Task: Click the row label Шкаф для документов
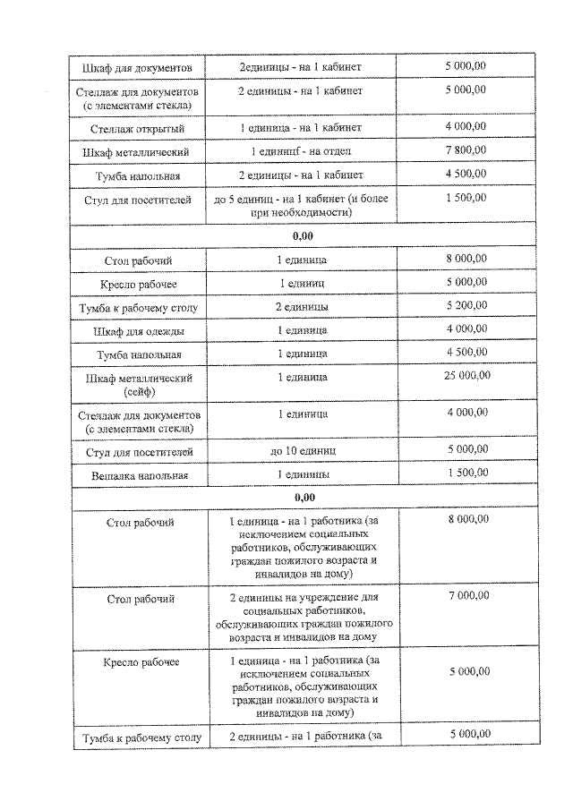tap(138, 67)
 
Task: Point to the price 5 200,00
tap(466, 306)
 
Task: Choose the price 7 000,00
tap(466, 595)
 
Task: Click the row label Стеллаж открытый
tap(138, 128)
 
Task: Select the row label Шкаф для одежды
tap(138, 331)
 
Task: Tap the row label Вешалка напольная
tap(138, 474)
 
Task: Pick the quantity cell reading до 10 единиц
tap(302, 451)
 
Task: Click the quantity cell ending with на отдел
tap(302, 151)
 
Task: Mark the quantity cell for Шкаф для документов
tap(302, 67)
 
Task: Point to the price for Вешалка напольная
tap(466, 473)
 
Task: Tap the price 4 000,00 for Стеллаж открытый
tap(466, 126)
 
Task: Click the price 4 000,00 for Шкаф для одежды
tap(466, 329)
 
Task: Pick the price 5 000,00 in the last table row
tap(466, 735)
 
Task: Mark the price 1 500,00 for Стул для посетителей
tap(466, 198)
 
